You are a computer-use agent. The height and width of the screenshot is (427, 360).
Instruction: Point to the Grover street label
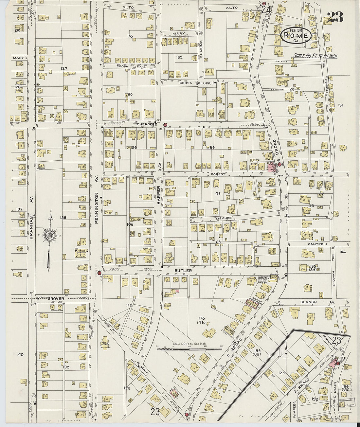coord(55,298)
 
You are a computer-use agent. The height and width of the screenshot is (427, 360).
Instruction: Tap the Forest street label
coord(218,174)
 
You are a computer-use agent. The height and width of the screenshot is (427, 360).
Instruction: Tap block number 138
coord(63,217)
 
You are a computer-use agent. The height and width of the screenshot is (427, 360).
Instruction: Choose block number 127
coord(63,68)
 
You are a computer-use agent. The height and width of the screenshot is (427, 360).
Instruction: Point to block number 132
coord(179,57)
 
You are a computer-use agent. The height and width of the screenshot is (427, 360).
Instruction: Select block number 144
coord(343,252)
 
